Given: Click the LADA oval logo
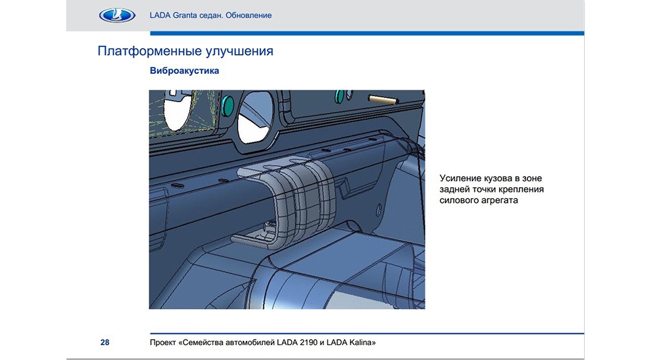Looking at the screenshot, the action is pos(117,15).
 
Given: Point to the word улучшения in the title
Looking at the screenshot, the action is pos(234,52).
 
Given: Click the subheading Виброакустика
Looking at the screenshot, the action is pos(185,71).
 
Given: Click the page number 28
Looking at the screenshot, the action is pos(105,342).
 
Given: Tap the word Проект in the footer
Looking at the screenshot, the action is pos(163,342).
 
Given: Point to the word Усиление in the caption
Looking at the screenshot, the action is pos(460,179).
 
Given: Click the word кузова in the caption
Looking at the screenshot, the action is pos(497,179).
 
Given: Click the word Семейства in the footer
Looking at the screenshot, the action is pos(202,342).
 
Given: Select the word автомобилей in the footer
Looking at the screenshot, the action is pos(251,342).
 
